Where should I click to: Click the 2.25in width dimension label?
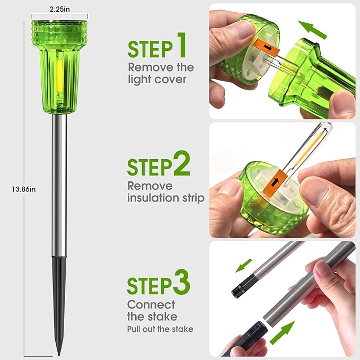click(x=60, y=9)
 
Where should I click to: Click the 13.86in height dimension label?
click(x=24, y=189)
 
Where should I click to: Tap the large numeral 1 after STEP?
click(x=182, y=45)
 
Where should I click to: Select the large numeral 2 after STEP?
click(x=181, y=163)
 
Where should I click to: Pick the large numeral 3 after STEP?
click(x=181, y=282)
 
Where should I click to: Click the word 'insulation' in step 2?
click(x=153, y=197)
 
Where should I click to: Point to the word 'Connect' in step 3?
click(x=151, y=305)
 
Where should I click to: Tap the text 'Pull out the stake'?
click(x=160, y=329)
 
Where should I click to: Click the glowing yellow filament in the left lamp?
click(x=59, y=75)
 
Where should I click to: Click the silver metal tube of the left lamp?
click(x=59, y=185)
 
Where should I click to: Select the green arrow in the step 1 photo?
click(x=312, y=30)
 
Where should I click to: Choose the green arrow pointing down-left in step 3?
click(x=243, y=266)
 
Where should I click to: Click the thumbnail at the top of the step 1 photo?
click(x=245, y=29)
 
